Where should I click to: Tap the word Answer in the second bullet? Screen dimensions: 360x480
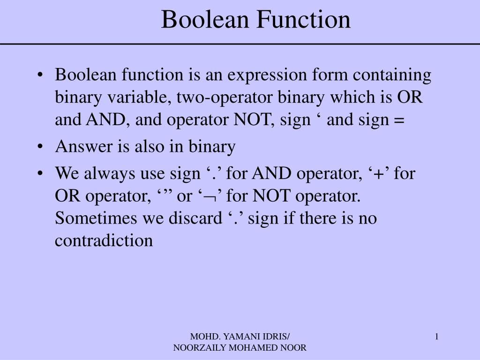pos(80,147)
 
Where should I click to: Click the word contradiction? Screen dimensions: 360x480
pos(104,240)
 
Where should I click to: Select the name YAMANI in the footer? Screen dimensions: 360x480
pos(241,336)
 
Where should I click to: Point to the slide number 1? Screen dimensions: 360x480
pos(436,336)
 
